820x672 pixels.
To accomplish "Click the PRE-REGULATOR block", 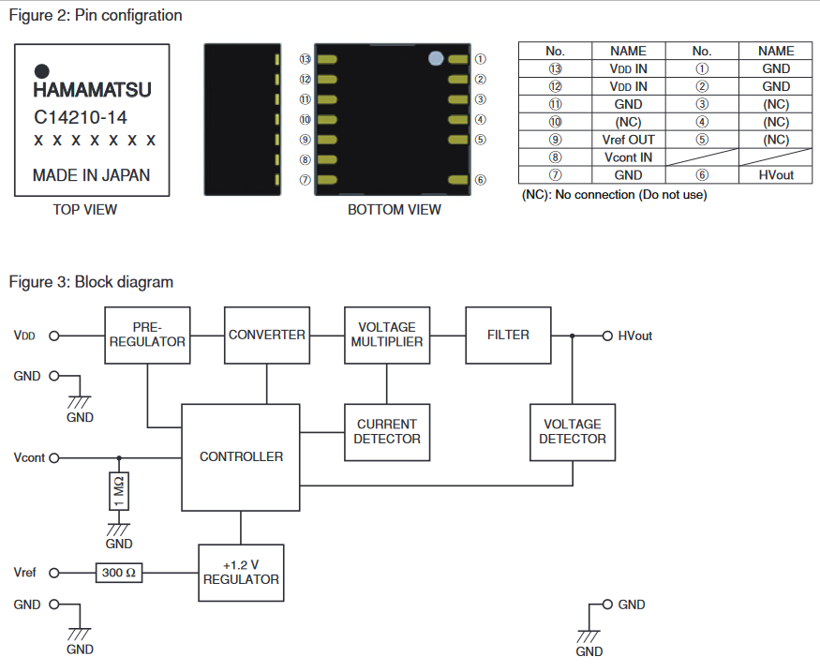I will point(147,335).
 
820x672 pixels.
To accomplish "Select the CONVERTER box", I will point(267,335).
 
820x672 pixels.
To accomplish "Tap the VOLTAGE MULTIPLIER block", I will point(387,335).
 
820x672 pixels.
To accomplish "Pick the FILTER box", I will point(508,335).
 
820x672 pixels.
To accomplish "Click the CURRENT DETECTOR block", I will point(387,431).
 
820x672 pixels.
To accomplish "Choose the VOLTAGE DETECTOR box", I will point(573,431).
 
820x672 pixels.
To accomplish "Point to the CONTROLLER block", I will point(241,456).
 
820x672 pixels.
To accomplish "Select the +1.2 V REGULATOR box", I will point(241,572).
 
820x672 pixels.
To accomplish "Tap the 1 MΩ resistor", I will point(119,492).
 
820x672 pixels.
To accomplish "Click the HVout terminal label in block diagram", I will point(634,336).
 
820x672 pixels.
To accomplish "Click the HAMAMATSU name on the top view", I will point(92,92).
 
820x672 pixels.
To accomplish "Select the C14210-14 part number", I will point(80,118).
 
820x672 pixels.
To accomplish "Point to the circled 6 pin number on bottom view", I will point(480,180).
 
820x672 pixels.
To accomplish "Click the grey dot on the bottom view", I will point(436,58).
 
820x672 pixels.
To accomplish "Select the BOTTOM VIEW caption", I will point(394,209).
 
